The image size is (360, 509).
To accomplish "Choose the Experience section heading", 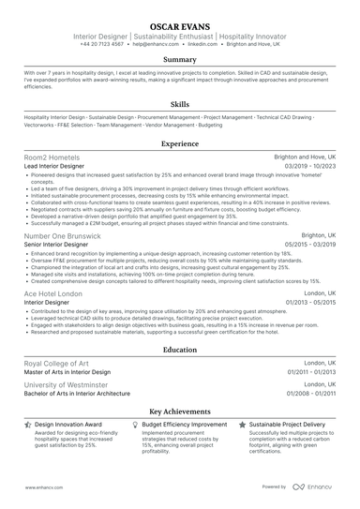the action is tap(180, 144).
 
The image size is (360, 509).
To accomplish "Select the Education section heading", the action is tap(180, 350).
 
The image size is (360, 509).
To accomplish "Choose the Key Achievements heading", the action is tap(180, 412).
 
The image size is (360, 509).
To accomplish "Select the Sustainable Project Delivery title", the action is tap(288, 425).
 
